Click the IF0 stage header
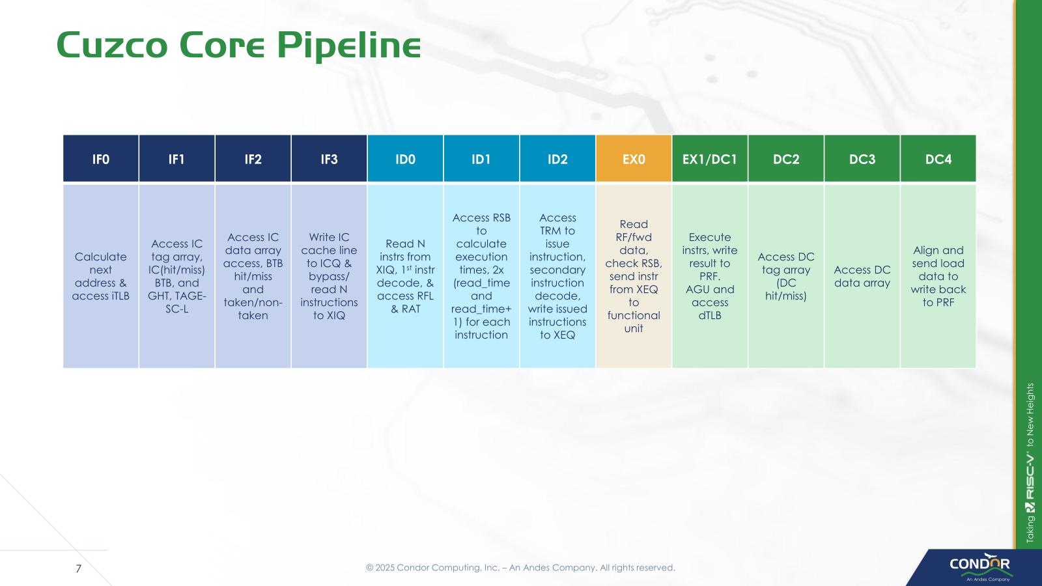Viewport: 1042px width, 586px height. [x=100, y=158]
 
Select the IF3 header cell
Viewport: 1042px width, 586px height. [x=329, y=158]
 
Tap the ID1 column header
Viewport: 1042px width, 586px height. [x=481, y=158]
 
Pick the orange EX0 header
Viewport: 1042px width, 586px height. [x=634, y=158]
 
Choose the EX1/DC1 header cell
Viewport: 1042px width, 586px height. [x=710, y=158]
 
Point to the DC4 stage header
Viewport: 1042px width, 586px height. [x=938, y=158]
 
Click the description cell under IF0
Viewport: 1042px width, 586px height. [x=100, y=276]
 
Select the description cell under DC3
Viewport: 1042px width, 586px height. [x=862, y=276]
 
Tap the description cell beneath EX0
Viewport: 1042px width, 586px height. [x=634, y=276]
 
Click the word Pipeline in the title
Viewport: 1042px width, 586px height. [x=349, y=46]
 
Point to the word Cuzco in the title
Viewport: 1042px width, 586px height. [x=111, y=45]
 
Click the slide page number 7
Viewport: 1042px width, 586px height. [x=79, y=568]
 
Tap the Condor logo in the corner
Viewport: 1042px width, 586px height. [x=979, y=566]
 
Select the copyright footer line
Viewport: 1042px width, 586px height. [x=520, y=567]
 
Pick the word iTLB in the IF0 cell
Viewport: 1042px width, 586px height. [x=118, y=296]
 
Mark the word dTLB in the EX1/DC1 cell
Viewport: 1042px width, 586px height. [x=710, y=315]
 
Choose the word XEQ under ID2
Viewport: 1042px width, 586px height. [x=564, y=335]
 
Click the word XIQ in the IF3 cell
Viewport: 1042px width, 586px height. [x=335, y=315]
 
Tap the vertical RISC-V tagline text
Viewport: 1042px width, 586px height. [x=1030, y=463]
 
